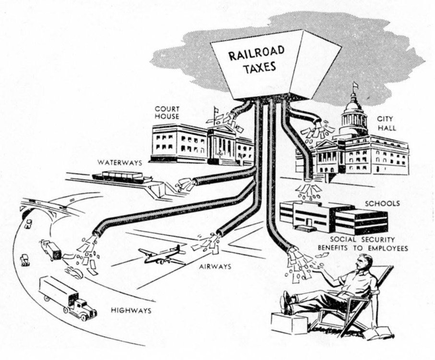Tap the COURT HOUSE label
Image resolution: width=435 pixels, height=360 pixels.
[167, 112]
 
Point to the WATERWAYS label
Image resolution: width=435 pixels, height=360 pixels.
[120, 162]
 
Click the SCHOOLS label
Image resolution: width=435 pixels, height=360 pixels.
[382, 204]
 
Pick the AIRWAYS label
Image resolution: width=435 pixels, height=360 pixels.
[215, 267]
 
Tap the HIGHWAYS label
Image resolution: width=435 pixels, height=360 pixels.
[131, 310]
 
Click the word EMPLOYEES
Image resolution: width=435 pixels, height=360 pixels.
[388, 248]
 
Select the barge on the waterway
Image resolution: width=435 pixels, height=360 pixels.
[122, 177]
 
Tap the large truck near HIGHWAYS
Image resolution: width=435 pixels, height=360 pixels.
[68, 298]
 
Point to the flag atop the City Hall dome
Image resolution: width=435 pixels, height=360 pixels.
[355, 85]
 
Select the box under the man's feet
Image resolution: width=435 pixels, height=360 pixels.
[289, 324]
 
